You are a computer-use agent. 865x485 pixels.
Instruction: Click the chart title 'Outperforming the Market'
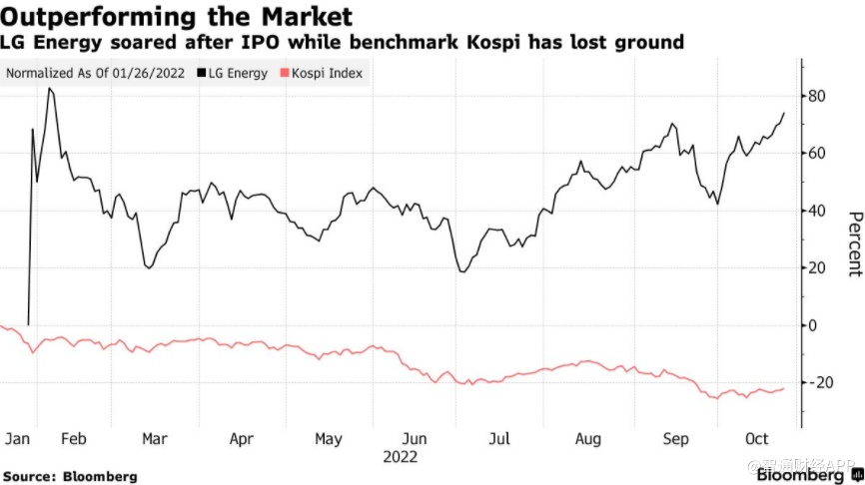[177, 17]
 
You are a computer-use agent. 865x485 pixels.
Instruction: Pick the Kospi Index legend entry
[326, 73]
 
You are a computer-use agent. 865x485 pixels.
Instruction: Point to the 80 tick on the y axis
[820, 97]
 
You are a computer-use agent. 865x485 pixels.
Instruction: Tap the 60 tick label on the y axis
[820, 154]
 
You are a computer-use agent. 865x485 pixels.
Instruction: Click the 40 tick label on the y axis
[820, 212]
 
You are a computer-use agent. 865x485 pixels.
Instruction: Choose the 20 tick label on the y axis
[820, 268]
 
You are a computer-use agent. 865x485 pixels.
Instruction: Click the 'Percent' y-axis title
[853, 243]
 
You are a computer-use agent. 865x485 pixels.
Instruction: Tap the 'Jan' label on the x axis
[17, 438]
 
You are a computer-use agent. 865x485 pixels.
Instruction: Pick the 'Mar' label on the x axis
[153, 438]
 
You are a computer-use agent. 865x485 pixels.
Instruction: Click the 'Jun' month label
[415, 438]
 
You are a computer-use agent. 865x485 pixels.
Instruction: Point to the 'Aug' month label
[588, 438]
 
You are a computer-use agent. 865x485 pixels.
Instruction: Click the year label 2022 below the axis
[400, 456]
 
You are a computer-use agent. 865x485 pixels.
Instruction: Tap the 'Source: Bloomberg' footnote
[69, 476]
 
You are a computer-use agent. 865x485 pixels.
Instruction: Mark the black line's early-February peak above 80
[50, 89]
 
